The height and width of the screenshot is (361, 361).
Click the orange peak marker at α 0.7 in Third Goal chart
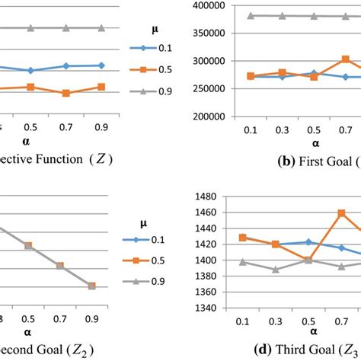(x=340, y=213)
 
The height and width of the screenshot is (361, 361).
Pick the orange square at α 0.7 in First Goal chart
(x=345, y=59)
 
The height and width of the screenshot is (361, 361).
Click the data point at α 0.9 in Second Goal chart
(x=91, y=286)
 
